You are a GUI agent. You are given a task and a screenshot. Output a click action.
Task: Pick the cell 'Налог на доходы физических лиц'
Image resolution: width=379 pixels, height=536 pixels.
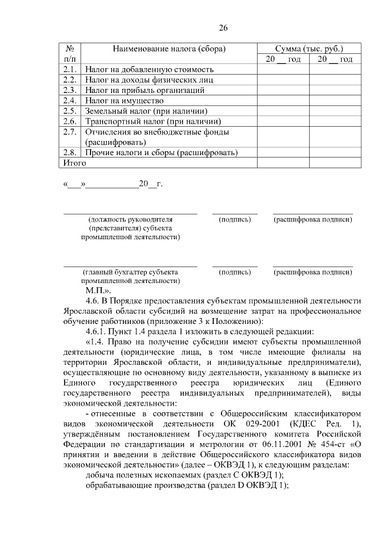149,80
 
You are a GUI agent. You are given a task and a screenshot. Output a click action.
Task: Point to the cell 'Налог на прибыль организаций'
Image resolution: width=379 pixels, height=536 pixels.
145,90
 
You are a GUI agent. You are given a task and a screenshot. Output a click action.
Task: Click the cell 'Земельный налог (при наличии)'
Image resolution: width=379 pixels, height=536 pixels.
146,111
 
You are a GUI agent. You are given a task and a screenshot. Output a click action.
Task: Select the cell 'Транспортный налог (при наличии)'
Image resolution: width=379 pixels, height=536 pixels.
151,121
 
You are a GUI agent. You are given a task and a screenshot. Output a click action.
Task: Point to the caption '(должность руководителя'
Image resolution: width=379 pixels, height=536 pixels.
130,220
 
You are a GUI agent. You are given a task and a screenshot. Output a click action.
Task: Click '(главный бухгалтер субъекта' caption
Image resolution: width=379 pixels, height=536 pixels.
130,272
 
